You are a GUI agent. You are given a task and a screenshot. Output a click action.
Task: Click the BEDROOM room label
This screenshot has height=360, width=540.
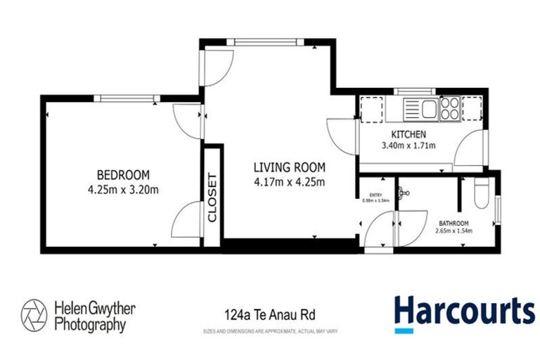[x=123, y=174]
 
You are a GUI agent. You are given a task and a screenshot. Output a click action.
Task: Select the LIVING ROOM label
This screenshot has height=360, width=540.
[x=289, y=167]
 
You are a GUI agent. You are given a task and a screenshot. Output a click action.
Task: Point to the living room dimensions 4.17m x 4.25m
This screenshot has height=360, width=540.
[x=289, y=183]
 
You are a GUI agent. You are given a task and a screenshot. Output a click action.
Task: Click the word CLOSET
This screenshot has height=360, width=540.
[x=212, y=198]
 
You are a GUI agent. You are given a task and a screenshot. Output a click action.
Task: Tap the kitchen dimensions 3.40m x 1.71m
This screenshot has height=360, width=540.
[x=408, y=146]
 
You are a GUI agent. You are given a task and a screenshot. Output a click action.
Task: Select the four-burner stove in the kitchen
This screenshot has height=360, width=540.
[x=449, y=109]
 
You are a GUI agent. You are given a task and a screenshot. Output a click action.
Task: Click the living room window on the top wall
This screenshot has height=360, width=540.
[x=271, y=41]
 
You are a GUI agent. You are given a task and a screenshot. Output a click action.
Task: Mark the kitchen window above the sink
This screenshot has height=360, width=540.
[x=406, y=91]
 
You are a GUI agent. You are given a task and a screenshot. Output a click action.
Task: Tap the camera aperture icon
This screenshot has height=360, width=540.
[x=33, y=313]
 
